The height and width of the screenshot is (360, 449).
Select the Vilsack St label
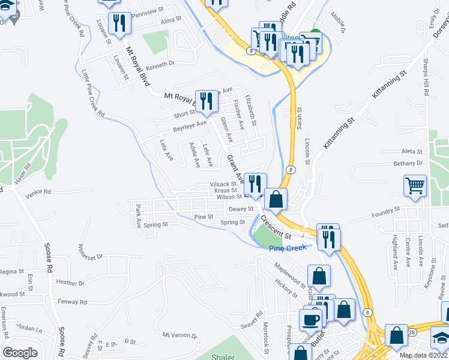click(223, 184)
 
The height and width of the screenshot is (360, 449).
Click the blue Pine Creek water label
click(287, 248)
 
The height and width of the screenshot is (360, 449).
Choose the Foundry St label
click(385, 211)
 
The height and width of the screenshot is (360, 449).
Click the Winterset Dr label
click(91, 251)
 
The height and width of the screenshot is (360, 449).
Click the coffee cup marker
click(311, 319)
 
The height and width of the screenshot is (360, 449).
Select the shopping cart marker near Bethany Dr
click(415, 186)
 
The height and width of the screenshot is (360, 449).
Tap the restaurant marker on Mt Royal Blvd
click(206, 101)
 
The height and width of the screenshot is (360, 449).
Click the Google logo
click(20, 353)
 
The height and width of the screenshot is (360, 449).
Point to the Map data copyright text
click(424, 355)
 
